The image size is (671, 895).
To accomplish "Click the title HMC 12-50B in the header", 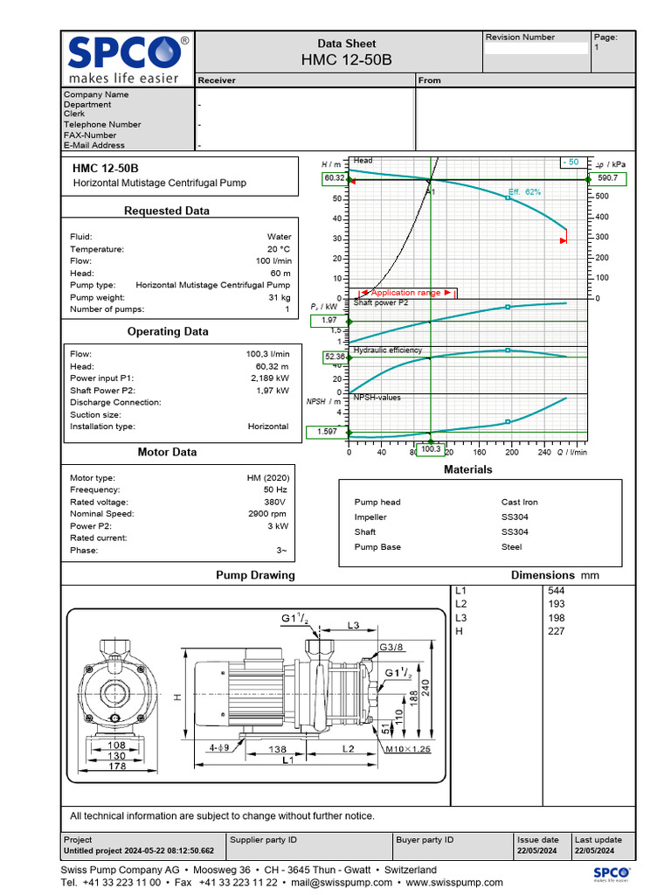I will pyautogui.click(x=346, y=59).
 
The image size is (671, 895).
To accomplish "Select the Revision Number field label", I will pyautogui.click(x=520, y=38).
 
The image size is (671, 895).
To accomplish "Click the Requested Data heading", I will pyautogui.click(x=167, y=211).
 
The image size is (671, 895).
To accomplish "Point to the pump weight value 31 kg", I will pyautogui.click(x=280, y=297).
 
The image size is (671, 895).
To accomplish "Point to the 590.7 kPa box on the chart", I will pyautogui.click(x=607, y=178).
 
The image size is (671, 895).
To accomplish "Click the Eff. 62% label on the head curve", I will pyautogui.click(x=524, y=191).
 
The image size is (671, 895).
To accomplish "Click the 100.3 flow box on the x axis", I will pyautogui.click(x=431, y=449).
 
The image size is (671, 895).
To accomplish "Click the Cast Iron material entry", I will pyautogui.click(x=520, y=503).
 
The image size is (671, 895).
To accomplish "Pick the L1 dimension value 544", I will pyautogui.click(x=556, y=591).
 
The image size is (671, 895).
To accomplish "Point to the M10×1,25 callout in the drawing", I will pyautogui.click(x=407, y=750).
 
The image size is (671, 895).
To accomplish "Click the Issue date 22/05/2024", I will pyautogui.click(x=537, y=851).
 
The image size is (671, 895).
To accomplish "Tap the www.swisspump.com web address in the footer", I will pyautogui.click(x=454, y=883).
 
